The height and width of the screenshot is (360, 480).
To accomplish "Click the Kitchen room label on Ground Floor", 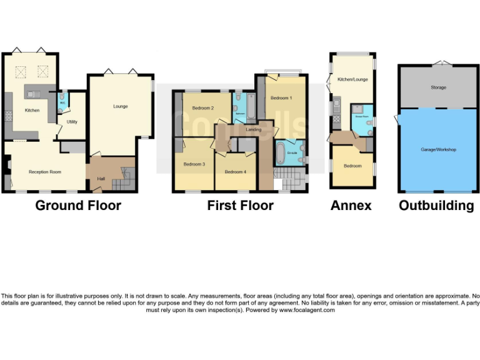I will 32,111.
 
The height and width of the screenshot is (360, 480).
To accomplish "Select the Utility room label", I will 72,122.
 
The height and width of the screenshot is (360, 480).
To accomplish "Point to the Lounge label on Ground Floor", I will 121,106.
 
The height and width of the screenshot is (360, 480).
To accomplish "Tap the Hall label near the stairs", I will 101,179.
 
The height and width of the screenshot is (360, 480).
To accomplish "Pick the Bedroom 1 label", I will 281,98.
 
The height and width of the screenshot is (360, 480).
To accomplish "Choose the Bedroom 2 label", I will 203,108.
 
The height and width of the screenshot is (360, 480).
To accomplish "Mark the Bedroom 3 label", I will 194,164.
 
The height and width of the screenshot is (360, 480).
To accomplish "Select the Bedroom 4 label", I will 235,172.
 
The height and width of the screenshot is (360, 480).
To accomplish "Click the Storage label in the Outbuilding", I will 438,87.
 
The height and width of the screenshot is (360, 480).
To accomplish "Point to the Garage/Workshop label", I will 438,150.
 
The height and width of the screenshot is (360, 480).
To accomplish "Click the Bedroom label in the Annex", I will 352,166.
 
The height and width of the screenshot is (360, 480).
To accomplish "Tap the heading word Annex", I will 351,205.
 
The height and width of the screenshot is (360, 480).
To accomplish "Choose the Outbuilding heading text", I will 436,206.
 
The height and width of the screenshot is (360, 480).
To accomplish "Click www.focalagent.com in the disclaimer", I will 307,310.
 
